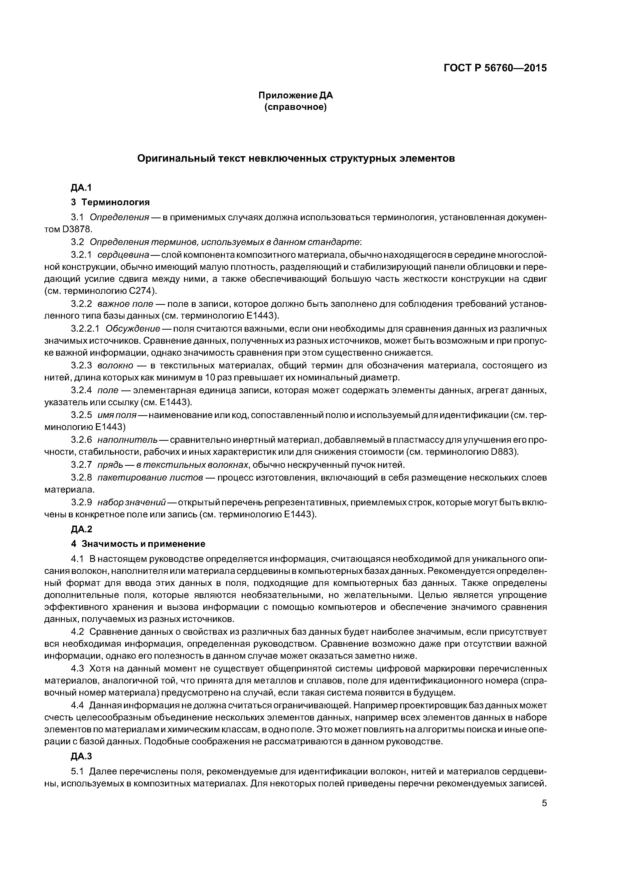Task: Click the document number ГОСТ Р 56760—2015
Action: coord(495,68)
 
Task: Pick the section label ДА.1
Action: coord(81,187)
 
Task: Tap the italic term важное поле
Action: coord(125,304)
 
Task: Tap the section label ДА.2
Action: coord(81,529)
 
